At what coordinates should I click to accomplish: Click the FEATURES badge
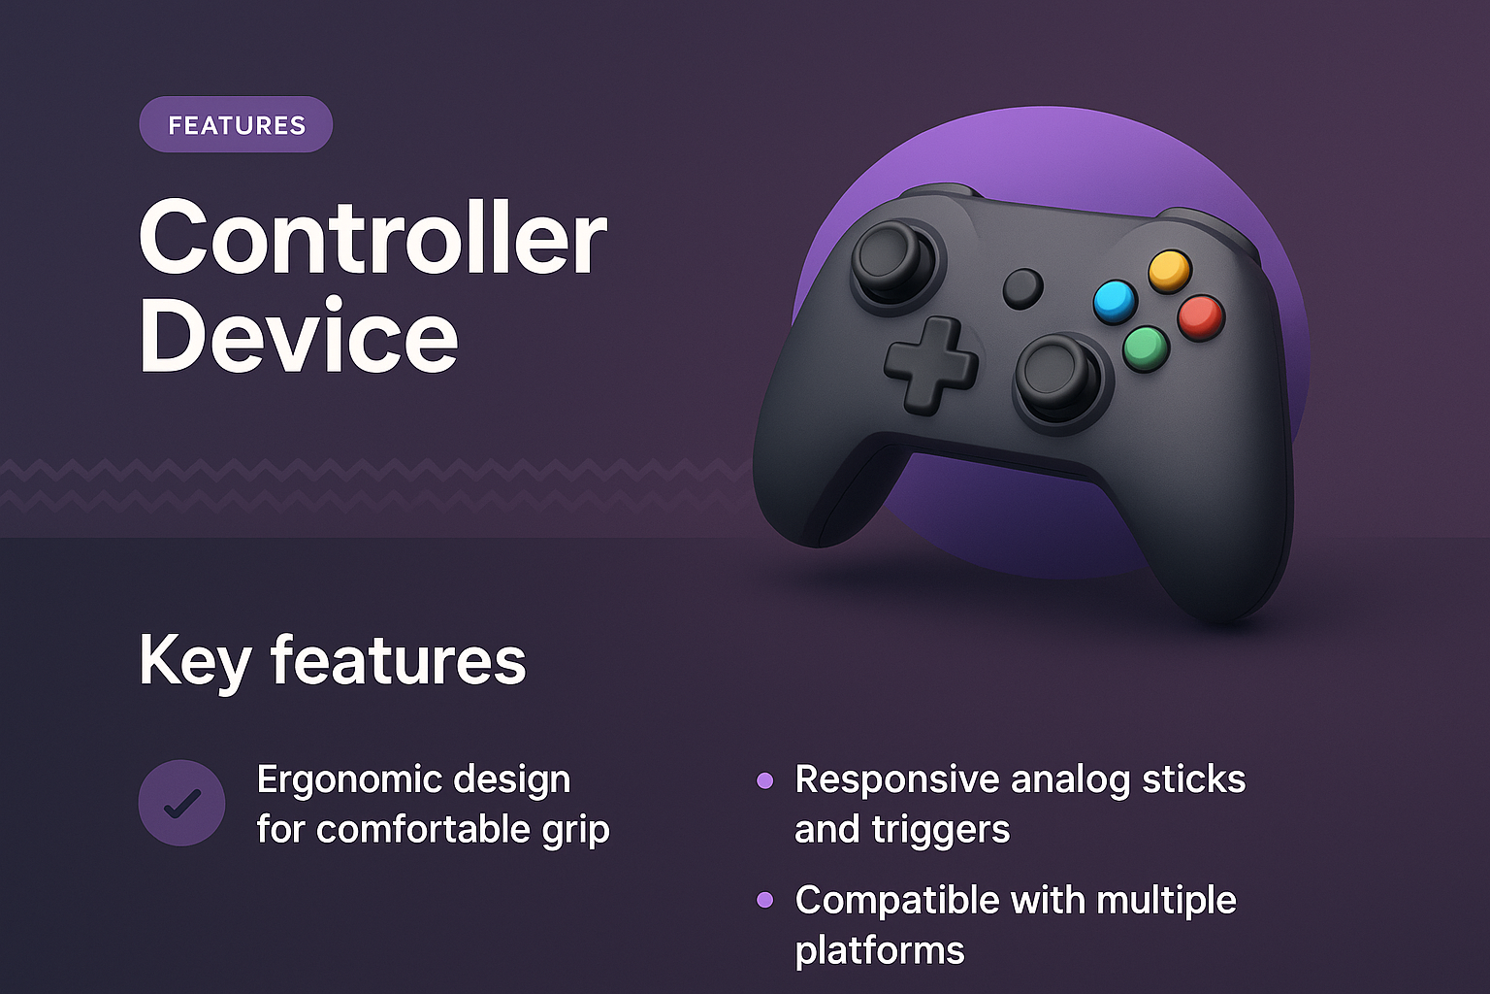point(236,125)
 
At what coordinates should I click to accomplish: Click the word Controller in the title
point(372,239)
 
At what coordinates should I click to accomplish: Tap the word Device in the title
point(298,336)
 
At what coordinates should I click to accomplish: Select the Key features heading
point(332,661)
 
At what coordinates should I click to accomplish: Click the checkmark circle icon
point(182,803)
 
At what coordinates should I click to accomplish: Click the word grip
point(576,831)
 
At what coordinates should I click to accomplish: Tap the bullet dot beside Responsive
point(765,779)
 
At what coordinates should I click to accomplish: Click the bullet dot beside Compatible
point(765,900)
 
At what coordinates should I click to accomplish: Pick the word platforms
point(880,950)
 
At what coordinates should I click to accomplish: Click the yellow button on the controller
point(1170,270)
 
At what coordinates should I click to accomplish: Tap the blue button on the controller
point(1115,301)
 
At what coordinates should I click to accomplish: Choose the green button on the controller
point(1146,348)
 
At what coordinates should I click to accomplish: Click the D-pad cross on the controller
point(930,365)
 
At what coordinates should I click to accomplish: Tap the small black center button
point(1022,288)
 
